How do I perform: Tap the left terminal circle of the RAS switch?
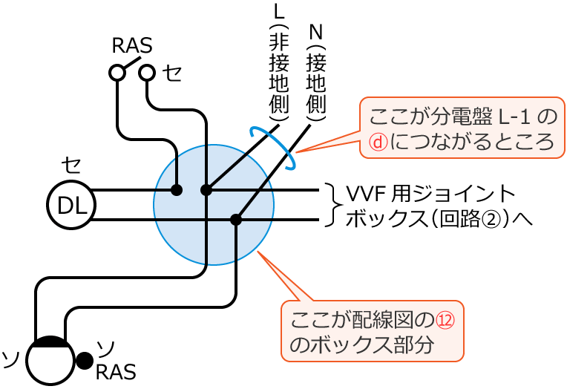point(117,72)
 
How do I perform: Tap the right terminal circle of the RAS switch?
point(147,72)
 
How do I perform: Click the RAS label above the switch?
point(132,46)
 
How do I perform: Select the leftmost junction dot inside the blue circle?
point(177,190)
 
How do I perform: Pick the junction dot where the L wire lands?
point(206,190)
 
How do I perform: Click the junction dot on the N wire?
point(236,220)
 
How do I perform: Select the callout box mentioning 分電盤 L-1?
point(458,127)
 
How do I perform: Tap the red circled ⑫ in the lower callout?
point(443,320)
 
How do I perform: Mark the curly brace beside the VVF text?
point(332,205)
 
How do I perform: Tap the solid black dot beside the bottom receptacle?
point(85,362)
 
